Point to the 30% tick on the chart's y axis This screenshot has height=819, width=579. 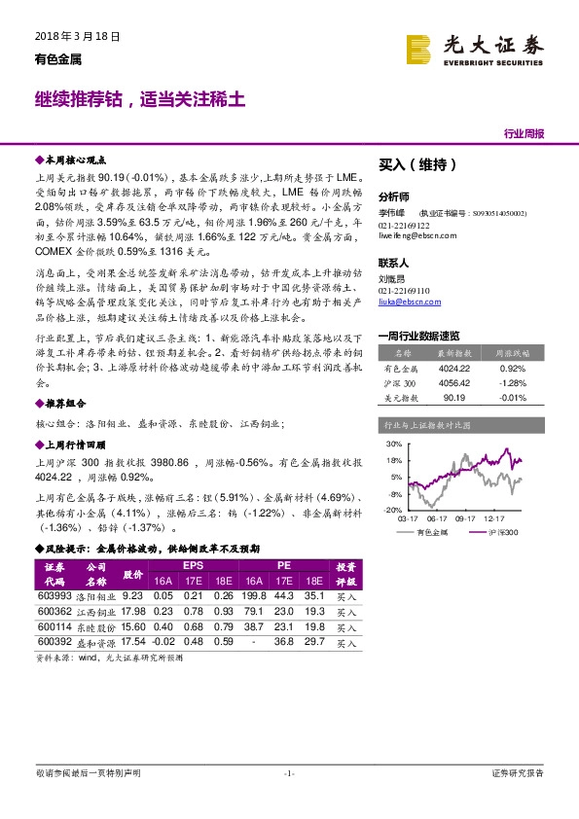pyautogui.click(x=391, y=444)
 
